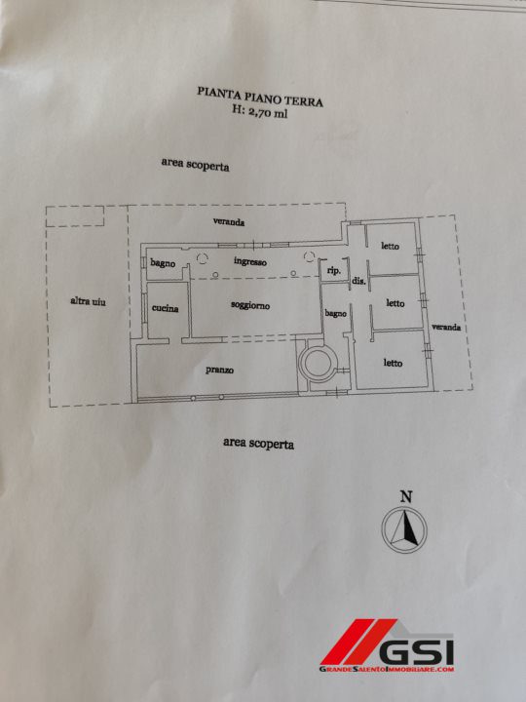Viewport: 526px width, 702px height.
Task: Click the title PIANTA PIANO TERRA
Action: [x=260, y=97]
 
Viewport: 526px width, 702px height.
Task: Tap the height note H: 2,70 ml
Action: [x=260, y=111]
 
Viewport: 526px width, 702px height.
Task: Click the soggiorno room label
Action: [x=250, y=305]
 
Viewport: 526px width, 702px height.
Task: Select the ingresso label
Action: [x=250, y=261]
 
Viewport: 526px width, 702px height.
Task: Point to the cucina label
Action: [x=165, y=308]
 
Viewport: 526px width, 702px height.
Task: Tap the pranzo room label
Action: [x=219, y=370]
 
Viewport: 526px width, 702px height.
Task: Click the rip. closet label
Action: [x=334, y=271]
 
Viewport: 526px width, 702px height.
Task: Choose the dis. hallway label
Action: [x=359, y=282]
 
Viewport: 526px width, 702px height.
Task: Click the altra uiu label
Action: [x=88, y=301]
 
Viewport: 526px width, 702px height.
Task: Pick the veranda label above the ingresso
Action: [x=229, y=221]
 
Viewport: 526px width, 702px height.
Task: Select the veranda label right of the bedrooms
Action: [x=446, y=327]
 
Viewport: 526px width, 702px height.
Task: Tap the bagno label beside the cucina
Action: [x=163, y=263]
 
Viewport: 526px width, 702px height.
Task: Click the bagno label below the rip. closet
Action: [x=335, y=314]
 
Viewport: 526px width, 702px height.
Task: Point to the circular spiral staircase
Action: [x=318, y=364]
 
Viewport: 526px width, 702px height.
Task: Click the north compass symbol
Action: [x=404, y=529]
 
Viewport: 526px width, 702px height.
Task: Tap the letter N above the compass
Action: [x=405, y=496]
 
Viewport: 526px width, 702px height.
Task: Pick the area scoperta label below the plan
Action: [x=258, y=444]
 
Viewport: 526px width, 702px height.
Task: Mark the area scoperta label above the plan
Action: [x=195, y=165]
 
